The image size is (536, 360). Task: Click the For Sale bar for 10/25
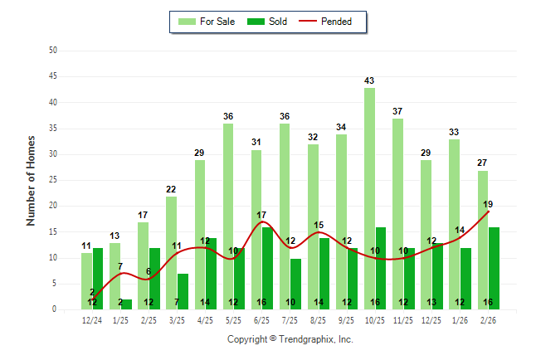tap(369, 199)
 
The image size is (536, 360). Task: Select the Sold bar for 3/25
tap(183, 292)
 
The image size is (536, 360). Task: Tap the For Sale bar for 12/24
tap(86, 281)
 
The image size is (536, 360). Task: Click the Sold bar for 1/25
tap(126, 304)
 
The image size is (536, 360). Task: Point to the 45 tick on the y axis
tap(53, 76)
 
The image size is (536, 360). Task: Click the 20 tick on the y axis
tap(53, 206)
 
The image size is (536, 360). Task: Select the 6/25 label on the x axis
tap(262, 319)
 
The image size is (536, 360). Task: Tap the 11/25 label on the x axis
tap(403, 319)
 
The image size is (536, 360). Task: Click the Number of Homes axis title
tap(32, 180)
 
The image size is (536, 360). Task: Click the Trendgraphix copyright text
tap(290, 339)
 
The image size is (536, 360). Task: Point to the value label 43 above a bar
tap(369, 80)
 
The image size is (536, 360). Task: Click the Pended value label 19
tap(488, 204)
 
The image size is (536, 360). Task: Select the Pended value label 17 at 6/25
tap(261, 215)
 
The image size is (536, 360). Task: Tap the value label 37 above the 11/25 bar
tap(397, 111)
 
